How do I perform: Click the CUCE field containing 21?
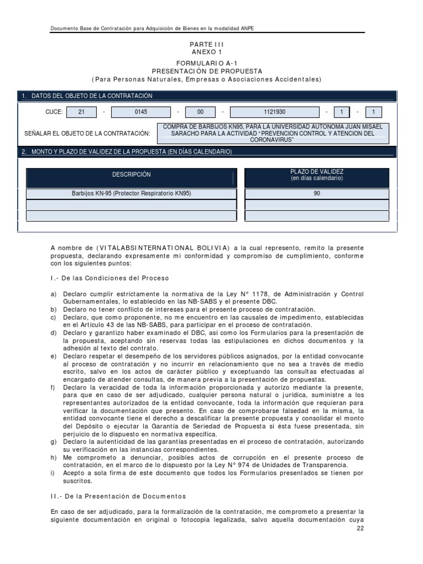click(x=82, y=112)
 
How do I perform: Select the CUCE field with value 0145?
click(x=142, y=112)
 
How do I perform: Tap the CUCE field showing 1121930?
click(x=274, y=112)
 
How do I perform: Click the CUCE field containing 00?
click(x=200, y=112)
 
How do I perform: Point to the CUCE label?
click(x=54, y=112)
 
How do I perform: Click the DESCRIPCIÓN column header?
click(x=131, y=175)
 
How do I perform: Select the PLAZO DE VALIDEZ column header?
click(x=317, y=175)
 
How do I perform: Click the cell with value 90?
click(x=317, y=194)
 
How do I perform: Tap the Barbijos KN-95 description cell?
click(x=131, y=194)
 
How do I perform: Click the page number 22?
click(x=361, y=528)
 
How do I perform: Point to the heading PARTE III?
click(x=208, y=44)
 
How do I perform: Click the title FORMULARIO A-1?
click(x=207, y=64)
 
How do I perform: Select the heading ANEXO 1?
click(x=207, y=52)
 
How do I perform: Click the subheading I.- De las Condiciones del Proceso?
click(x=110, y=278)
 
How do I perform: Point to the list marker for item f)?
click(x=52, y=387)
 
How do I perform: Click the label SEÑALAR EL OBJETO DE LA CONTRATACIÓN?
click(x=88, y=133)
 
